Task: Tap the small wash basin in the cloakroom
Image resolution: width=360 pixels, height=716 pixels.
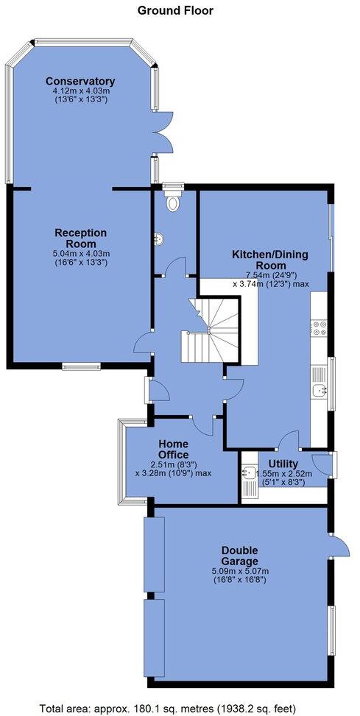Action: (158, 238)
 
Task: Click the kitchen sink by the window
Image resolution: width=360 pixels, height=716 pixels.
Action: (320, 391)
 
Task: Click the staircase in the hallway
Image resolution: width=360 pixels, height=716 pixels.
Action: (211, 330)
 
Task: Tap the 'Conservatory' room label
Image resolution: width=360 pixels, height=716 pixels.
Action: (80, 81)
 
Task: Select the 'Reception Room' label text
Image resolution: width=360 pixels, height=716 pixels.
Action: (80, 238)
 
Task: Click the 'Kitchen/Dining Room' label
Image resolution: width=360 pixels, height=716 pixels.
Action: (270, 260)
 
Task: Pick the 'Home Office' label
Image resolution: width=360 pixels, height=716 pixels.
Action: (173, 450)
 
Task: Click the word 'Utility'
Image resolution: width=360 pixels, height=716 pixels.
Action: (283, 463)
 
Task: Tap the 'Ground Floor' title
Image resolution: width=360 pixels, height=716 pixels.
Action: (175, 10)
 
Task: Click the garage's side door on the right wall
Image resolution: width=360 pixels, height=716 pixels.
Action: (339, 547)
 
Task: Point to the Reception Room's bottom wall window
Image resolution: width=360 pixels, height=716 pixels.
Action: (75, 366)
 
